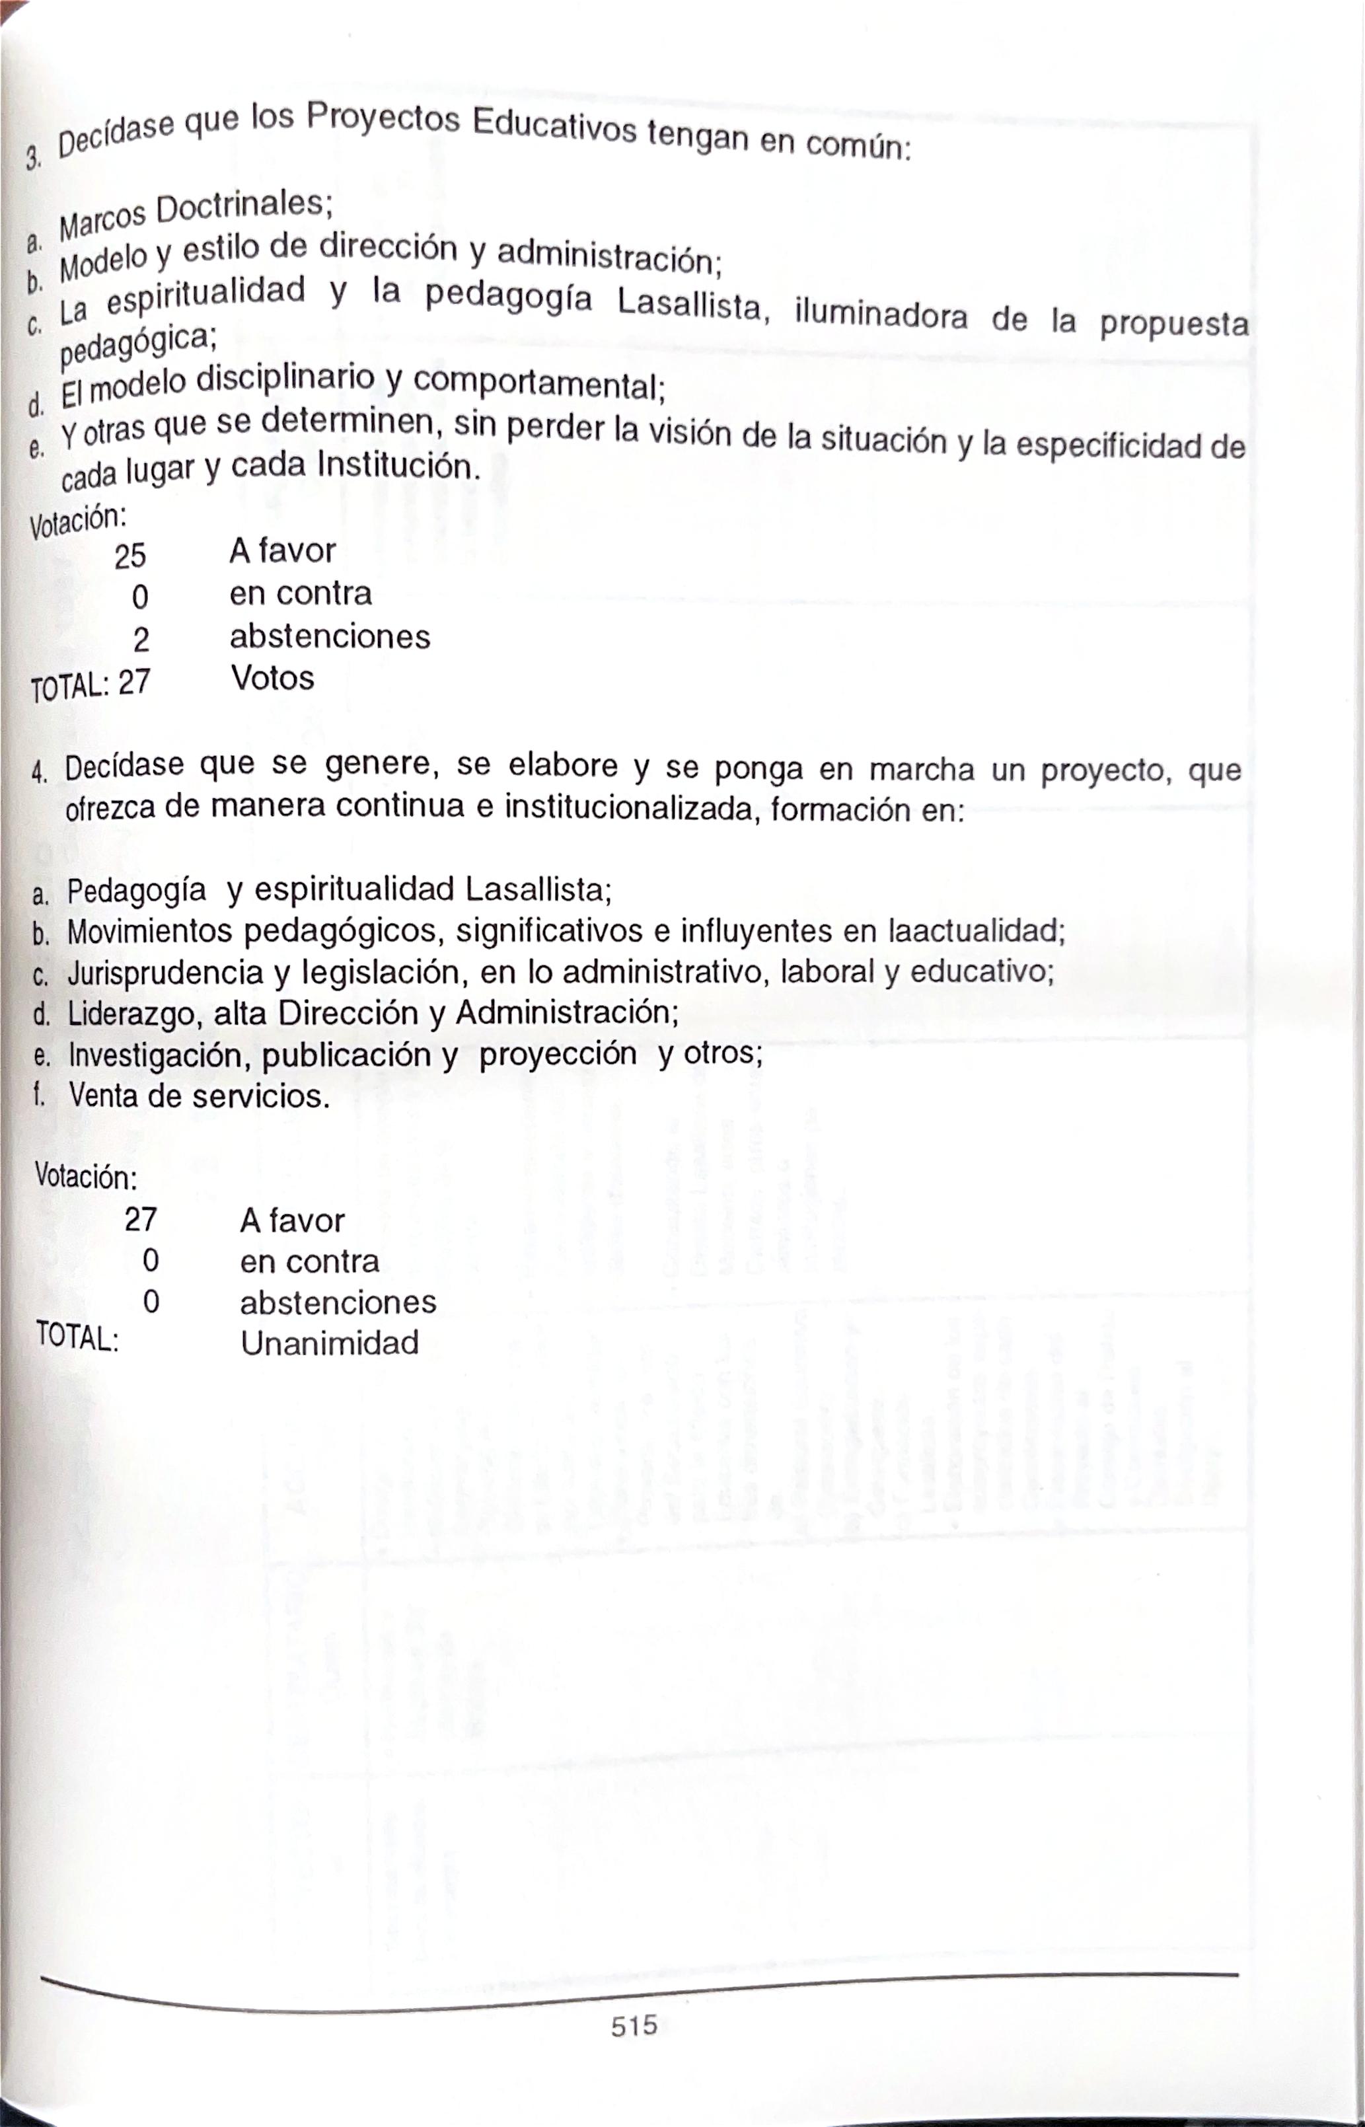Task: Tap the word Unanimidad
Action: [x=330, y=1343]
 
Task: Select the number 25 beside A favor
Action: [x=129, y=556]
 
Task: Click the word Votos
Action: [x=273, y=678]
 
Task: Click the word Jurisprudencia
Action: [x=165, y=973]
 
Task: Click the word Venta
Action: [x=104, y=1096]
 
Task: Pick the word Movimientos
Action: [x=148, y=932]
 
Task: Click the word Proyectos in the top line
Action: [x=383, y=120]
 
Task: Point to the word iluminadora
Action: [x=881, y=315]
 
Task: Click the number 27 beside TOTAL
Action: [x=134, y=683]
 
